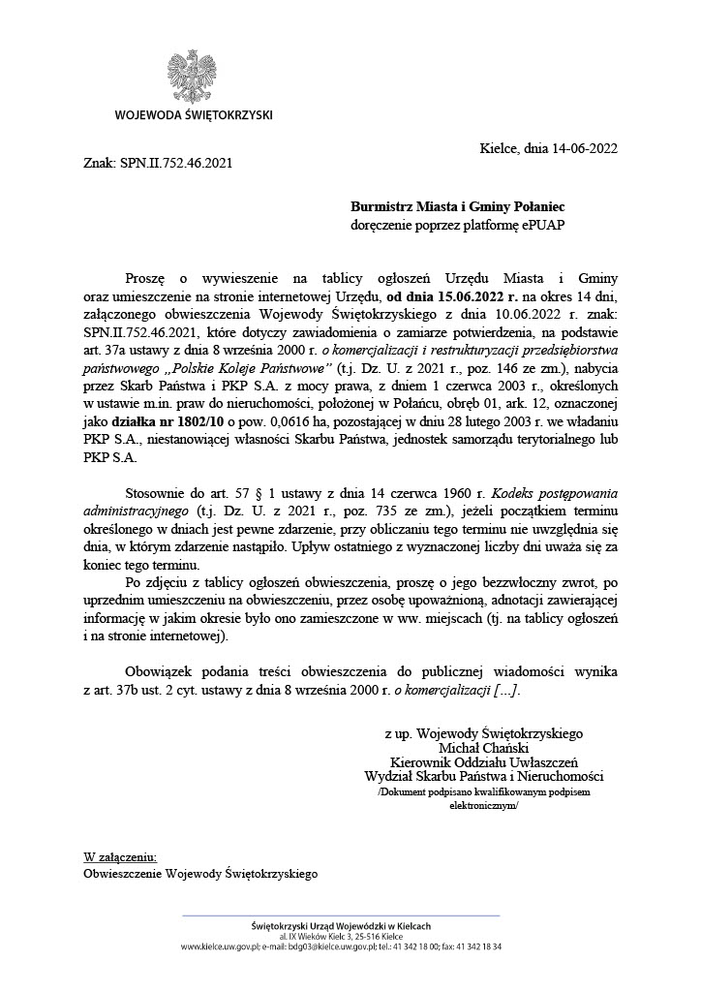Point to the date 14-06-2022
coord(578,148)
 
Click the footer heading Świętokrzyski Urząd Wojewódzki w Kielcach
coord(341,926)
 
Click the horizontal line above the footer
coord(341,914)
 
